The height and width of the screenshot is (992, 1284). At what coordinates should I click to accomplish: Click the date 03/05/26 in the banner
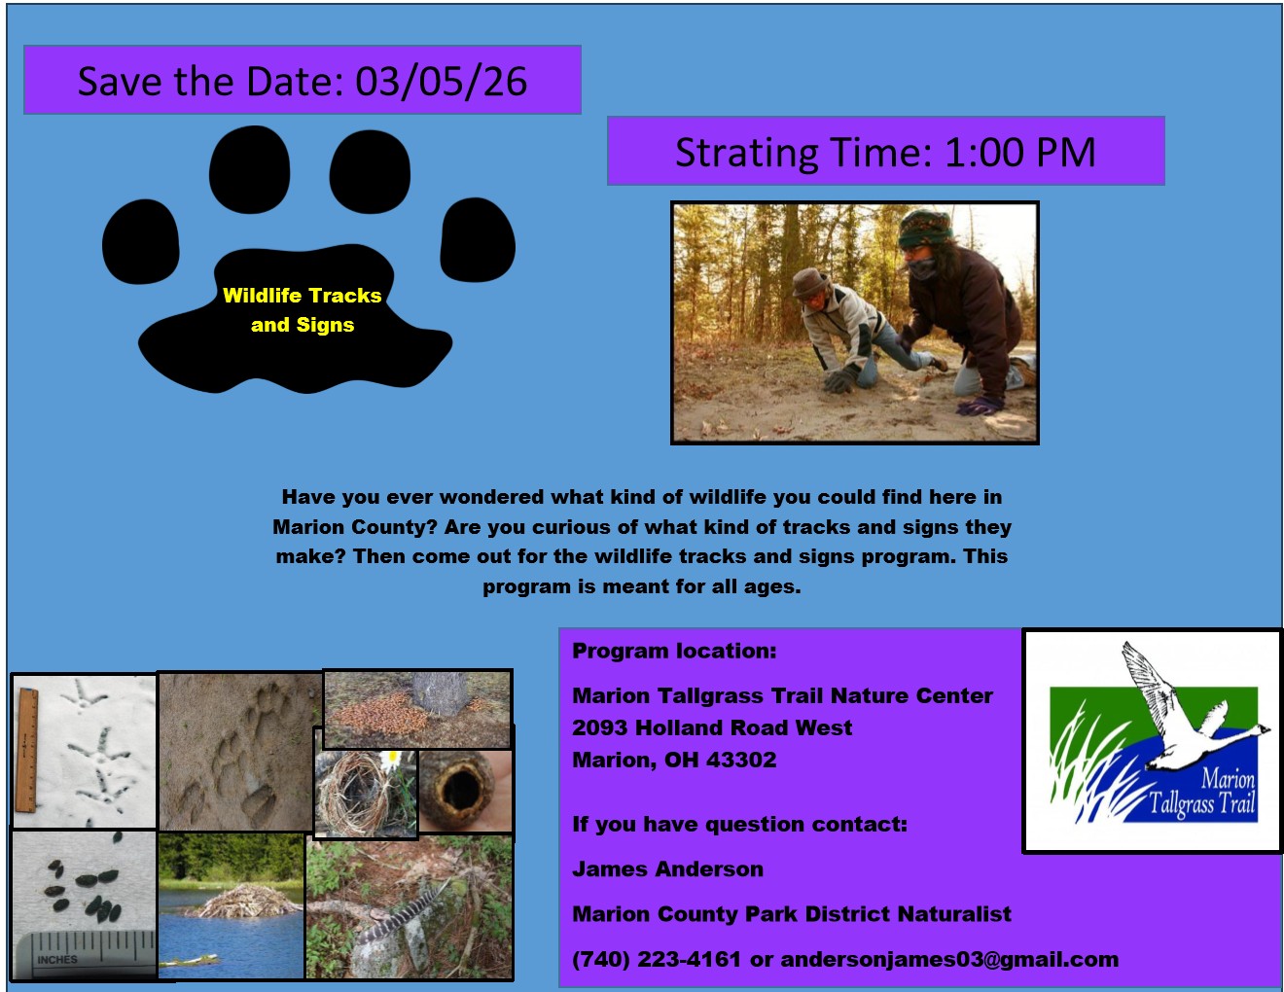tap(441, 82)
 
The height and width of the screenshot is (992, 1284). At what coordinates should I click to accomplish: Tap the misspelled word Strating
tap(746, 154)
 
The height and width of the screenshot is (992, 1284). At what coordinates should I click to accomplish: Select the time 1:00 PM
tap(1020, 153)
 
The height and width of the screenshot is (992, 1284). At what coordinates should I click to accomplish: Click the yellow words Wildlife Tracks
tap(302, 296)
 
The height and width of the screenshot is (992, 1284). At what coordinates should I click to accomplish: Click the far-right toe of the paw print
tap(478, 240)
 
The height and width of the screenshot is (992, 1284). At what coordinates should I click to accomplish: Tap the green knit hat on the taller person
tap(925, 229)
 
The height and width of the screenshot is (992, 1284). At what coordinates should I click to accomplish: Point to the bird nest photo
tap(366, 793)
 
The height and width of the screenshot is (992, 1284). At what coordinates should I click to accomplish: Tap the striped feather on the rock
tap(402, 912)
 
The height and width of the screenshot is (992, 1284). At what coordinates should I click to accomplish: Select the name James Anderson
tap(667, 869)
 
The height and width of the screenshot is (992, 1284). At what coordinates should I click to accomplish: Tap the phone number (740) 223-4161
tap(657, 960)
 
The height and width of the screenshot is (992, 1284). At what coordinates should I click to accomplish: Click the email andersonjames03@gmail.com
tap(949, 960)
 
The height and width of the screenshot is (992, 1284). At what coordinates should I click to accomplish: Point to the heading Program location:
tap(674, 651)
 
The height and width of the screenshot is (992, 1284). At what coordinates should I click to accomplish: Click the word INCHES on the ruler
tap(57, 959)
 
